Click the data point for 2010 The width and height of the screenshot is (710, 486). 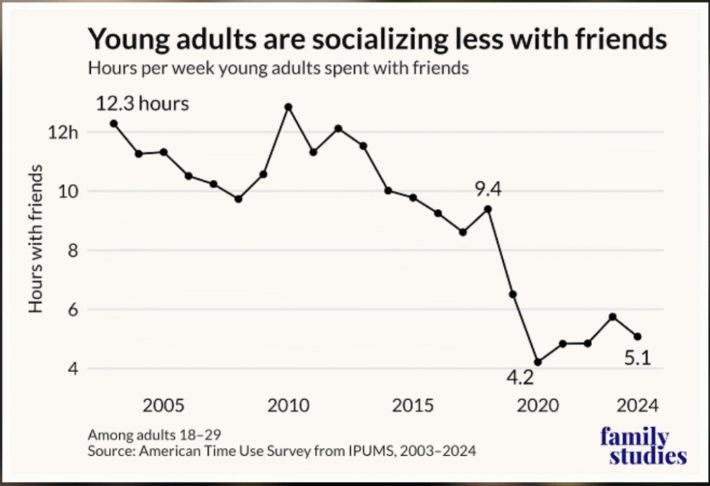(288, 107)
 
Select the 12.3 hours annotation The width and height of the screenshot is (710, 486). (142, 105)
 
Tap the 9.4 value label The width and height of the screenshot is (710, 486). (487, 188)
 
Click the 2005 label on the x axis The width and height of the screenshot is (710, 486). (164, 405)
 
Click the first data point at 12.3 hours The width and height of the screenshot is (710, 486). (114, 124)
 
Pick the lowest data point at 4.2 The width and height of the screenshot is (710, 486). (538, 362)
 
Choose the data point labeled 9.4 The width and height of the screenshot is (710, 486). (488, 209)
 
